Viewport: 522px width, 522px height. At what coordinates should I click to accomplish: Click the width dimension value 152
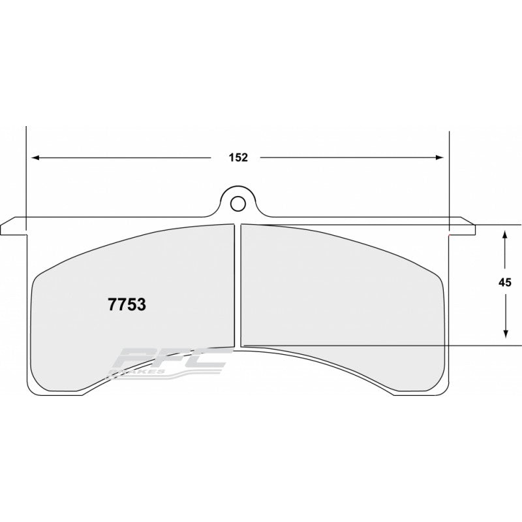coord(238,157)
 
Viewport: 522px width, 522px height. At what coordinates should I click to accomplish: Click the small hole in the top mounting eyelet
coord(238,201)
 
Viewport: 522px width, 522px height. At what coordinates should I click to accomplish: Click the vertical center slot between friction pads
coord(238,284)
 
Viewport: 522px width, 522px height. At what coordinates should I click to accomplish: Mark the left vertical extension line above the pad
coord(25,170)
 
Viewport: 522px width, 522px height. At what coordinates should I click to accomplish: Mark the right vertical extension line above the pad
coord(450,170)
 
